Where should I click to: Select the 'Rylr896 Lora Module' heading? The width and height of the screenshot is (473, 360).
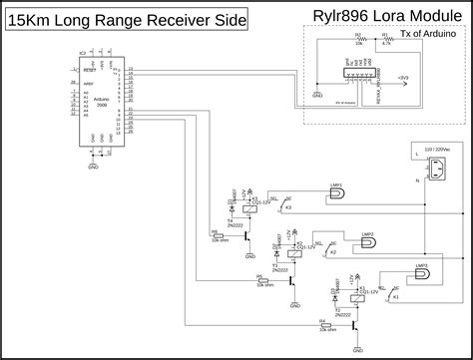pyautogui.click(x=384, y=17)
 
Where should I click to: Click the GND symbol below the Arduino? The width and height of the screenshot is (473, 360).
pyautogui.click(x=94, y=166)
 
